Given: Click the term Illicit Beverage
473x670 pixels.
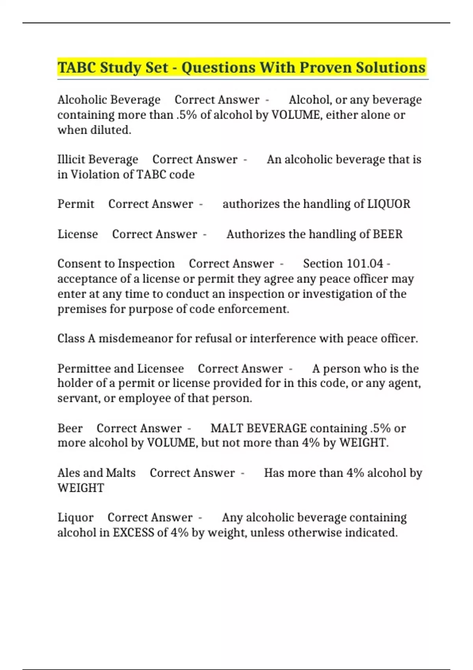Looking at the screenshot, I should (x=98, y=159).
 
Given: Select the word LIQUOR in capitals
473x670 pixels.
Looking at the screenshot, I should (x=389, y=204).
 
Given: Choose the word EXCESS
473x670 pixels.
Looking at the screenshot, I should (x=133, y=532).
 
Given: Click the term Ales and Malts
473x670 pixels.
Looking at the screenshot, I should (x=97, y=473).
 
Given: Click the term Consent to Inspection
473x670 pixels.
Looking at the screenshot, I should (x=116, y=263).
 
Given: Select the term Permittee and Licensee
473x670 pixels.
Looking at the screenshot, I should (x=121, y=368).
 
